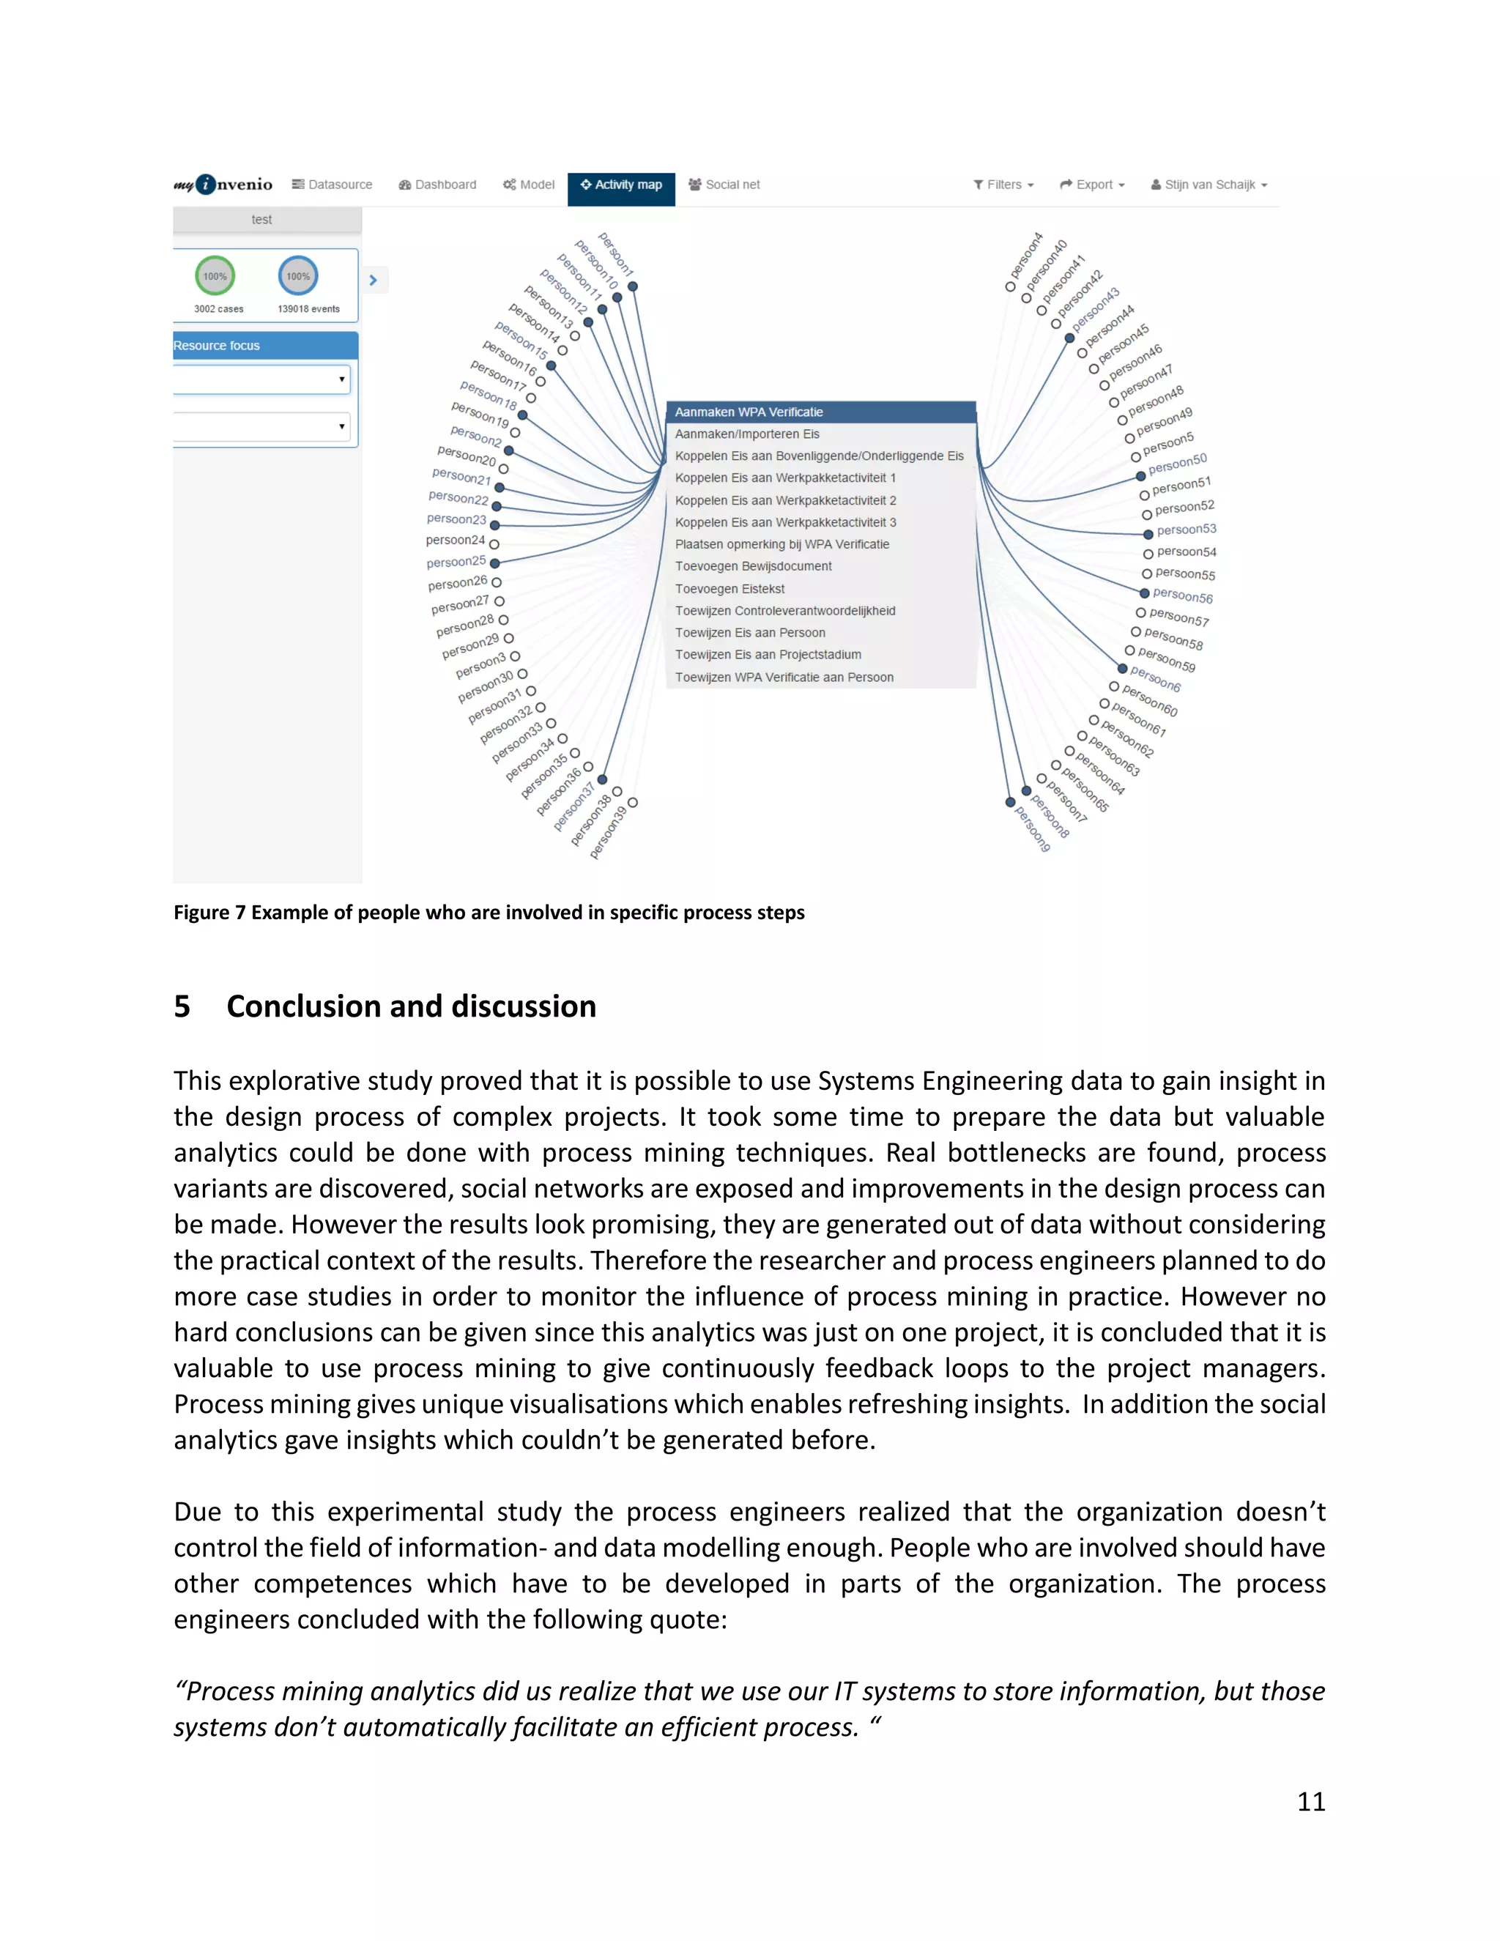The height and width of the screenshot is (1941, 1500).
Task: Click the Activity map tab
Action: tap(621, 185)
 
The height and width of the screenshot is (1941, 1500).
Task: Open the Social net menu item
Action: tap(724, 185)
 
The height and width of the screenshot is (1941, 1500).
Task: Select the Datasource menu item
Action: tap(333, 185)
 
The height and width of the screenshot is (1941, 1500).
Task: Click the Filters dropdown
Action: tap(1004, 185)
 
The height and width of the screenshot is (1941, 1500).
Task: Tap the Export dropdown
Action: tap(1092, 185)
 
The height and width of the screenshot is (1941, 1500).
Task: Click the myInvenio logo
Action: tap(223, 184)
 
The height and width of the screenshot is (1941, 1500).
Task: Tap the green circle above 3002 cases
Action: tap(215, 276)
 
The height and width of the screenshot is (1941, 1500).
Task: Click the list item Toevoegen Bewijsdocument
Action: tap(753, 566)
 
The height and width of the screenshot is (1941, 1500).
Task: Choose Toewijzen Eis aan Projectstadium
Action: tap(768, 655)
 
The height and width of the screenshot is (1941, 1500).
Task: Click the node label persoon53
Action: tap(1187, 530)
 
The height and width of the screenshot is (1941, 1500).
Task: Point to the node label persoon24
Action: tap(455, 541)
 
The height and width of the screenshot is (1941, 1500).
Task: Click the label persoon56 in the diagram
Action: tap(1183, 595)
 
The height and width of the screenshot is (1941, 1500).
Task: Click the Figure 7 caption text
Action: tap(489, 913)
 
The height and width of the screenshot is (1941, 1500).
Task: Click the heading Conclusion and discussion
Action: tap(411, 1006)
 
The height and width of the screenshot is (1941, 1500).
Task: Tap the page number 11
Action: tap(1311, 1802)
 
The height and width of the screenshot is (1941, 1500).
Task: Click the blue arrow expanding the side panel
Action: tap(374, 280)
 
